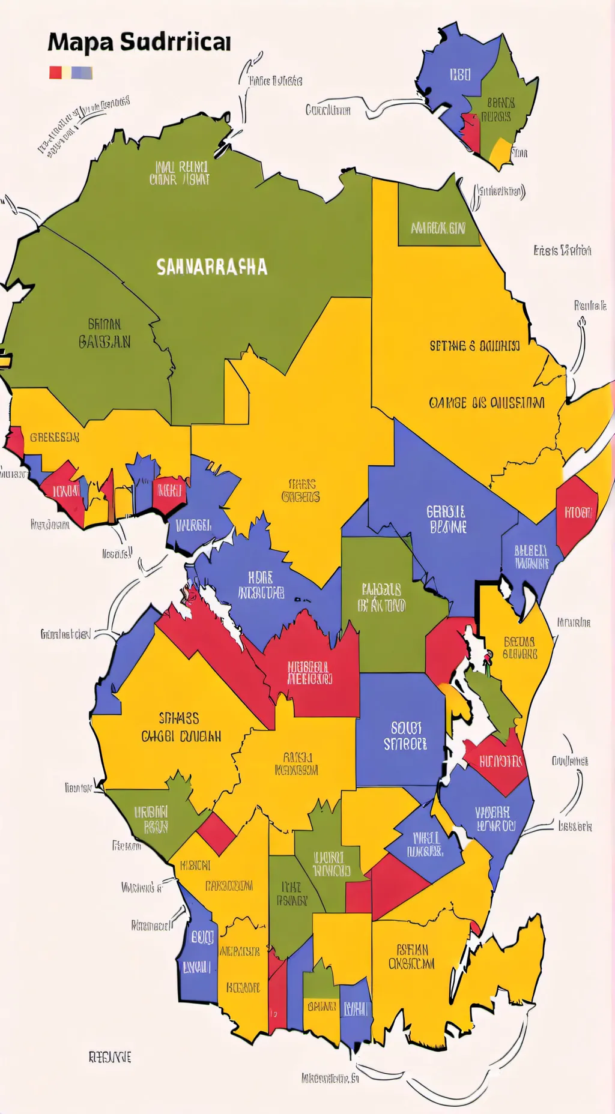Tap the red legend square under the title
55,73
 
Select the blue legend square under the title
82,73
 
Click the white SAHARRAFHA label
211,267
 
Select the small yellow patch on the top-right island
500,152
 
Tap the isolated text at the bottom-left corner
109,1057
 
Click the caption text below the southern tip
330,1078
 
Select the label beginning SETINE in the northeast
474,346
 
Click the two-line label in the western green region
105,333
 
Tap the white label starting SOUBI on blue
405,736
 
